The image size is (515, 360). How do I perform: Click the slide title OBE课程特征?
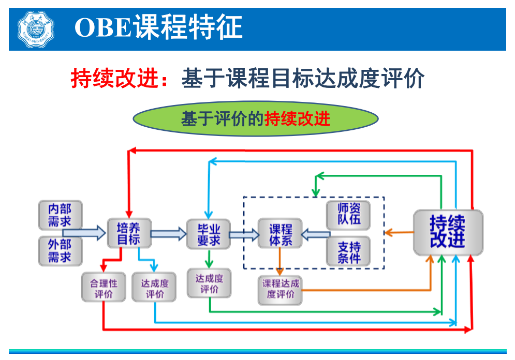point(158,28)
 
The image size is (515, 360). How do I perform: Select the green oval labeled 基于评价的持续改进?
point(256,119)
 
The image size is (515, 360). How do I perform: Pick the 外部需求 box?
point(60,251)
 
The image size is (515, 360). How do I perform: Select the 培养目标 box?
point(128,234)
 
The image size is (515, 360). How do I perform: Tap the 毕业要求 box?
point(209,234)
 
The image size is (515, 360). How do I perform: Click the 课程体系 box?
point(280,234)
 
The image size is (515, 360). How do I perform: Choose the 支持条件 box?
point(348,252)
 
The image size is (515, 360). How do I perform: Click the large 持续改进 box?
point(447,232)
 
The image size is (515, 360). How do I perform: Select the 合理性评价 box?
point(104,288)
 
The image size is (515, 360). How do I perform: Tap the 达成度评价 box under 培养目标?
point(154,288)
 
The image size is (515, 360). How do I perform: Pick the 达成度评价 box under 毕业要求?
point(209,283)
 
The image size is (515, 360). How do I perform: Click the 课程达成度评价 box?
point(280,289)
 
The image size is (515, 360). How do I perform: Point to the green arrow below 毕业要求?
point(209,259)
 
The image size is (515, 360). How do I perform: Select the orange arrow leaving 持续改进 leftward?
point(399,233)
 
